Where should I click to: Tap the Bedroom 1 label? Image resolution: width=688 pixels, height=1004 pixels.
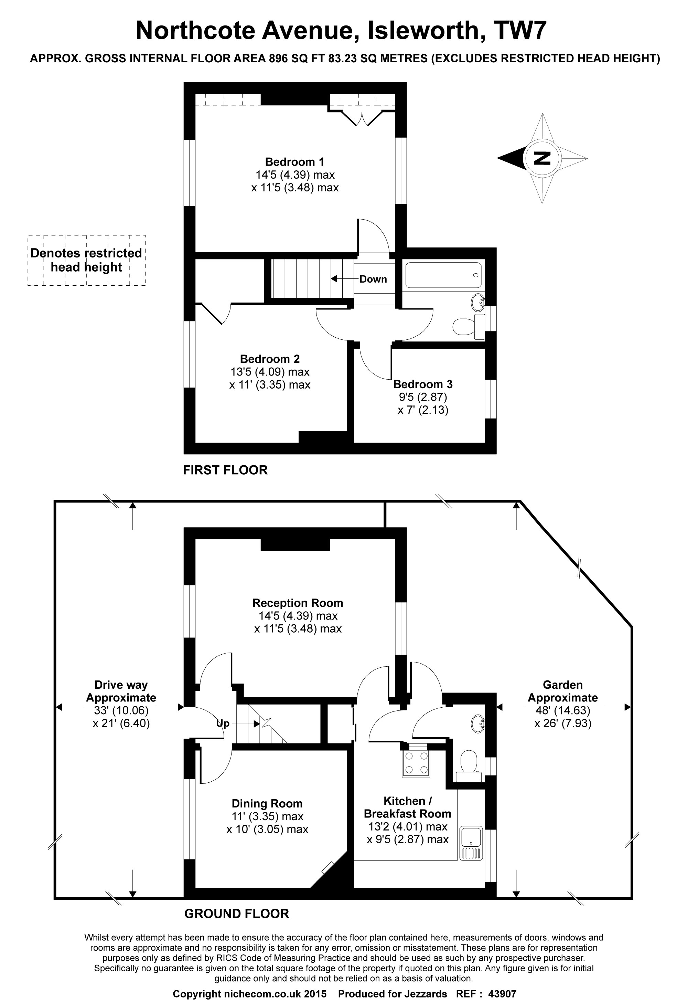[294, 162]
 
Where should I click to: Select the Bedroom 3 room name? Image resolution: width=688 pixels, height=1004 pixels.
[423, 384]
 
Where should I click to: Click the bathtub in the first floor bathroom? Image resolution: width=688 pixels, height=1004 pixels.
[443, 275]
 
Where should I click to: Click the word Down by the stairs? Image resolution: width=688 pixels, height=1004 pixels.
[373, 279]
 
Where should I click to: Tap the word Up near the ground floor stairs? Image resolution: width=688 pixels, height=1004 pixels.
[223, 723]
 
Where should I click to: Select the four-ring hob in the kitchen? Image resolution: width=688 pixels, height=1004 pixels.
[416, 763]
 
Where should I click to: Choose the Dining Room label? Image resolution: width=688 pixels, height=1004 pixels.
[267, 804]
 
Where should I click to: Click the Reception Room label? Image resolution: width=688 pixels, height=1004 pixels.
[298, 603]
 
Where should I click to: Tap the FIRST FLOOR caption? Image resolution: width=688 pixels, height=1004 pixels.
[225, 470]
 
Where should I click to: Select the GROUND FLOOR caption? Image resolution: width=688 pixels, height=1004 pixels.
[236, 914]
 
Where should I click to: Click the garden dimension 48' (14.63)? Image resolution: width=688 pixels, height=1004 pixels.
[563, 710]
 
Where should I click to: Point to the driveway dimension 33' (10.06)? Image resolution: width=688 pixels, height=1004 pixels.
[121, 710]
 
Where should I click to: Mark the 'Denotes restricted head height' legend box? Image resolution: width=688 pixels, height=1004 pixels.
[86, 260]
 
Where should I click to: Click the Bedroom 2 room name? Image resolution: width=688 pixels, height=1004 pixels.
[269, 359]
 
